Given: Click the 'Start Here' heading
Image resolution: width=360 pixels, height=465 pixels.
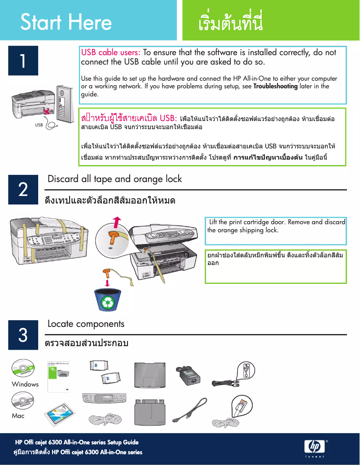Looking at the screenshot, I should pyautogui.click(x=66, y=22).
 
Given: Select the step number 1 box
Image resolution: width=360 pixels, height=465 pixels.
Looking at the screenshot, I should pyautogui.click(x=23, y=61).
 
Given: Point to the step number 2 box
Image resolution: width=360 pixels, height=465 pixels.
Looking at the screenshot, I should pyautogui.click(x=23, y=190).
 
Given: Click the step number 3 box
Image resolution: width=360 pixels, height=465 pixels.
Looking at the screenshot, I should pyautogui.click(x=23, y=335).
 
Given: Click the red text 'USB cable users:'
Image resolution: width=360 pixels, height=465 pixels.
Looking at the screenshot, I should pyautogui.click(x=110, y=52).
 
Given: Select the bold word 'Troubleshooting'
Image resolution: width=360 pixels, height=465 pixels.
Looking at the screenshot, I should pyautogui.click(x=275, y=86).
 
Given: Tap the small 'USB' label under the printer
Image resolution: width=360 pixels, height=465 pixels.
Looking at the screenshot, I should pyautogui.click(x=39, y=125).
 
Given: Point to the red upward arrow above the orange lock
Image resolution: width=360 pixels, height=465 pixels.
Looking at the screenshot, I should pyautogui.click(x=117, y=222).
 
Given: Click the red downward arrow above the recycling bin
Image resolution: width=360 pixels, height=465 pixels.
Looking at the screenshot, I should pyautogui.click(x=108, y=283).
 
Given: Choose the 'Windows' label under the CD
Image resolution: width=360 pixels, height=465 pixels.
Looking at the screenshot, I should pyautogui.click(x=25, y=384).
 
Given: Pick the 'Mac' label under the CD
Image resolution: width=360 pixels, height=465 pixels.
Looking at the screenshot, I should pyautogui.click(x=18, y=416).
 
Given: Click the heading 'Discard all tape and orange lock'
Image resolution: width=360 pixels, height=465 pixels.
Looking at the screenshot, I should pyautogui.click(x=114, y=179).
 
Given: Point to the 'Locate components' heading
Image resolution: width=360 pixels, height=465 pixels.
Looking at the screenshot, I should pyautogui.click(x=86, y=323).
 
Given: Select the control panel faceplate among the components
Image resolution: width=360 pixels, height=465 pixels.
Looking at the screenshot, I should pyautogui.click(x=104, y=399).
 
